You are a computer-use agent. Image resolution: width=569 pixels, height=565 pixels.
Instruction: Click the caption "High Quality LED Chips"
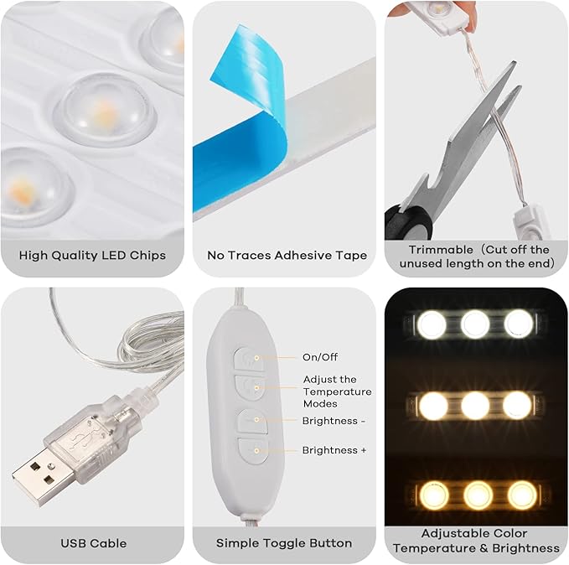[92, 255]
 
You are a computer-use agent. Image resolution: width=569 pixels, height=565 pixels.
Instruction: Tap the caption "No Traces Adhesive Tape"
[287, 255]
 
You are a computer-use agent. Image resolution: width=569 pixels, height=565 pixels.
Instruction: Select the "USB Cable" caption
[93, 543]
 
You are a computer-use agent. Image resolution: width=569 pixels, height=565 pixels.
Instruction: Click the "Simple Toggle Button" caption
[285, 543]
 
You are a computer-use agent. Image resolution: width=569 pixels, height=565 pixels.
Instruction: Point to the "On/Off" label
[320, 357]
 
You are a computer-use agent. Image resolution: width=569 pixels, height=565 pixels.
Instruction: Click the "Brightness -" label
[334, 421]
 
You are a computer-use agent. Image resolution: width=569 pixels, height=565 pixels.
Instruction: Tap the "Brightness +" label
[334, 450]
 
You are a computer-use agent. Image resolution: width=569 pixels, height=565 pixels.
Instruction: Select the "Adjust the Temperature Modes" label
[337, 391]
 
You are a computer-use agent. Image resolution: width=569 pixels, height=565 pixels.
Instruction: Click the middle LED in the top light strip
[475, 324]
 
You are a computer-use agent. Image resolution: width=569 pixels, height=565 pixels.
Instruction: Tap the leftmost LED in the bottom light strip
[433, 495]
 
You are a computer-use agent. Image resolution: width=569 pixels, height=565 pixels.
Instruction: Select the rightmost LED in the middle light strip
[517, 406]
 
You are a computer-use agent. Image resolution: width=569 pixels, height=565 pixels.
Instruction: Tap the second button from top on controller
[249, 386]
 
